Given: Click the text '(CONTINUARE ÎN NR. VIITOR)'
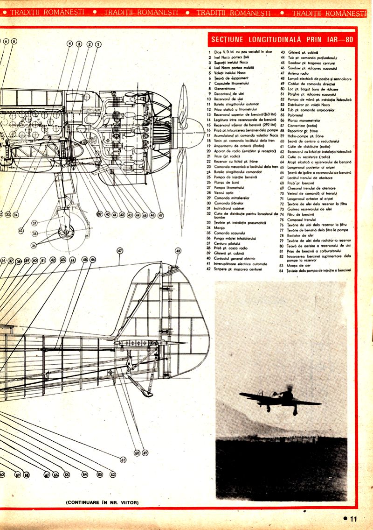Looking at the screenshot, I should (x=103, y=503).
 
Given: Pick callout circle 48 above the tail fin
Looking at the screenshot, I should (x=178, y=251).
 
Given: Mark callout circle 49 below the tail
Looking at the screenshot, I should (x=145, y=452).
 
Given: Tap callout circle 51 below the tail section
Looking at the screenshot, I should (x=123, y=460).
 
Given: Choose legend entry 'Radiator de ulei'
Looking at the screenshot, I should (x=301, y=235).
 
